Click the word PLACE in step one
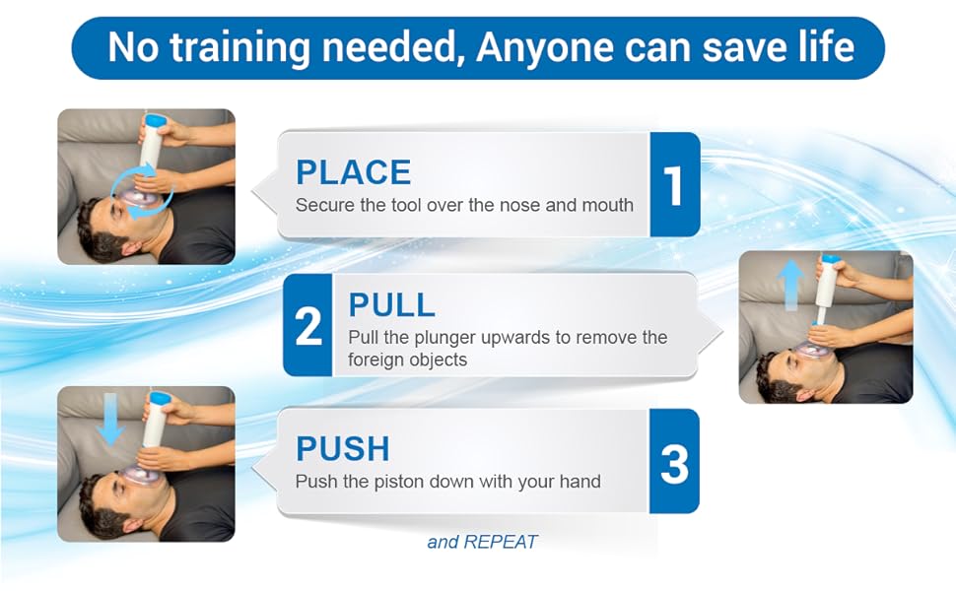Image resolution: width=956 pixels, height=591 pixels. tap(353, 172)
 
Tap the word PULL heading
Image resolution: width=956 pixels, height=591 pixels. tap(391, 304)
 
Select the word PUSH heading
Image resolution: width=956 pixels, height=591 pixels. tap(343, 449)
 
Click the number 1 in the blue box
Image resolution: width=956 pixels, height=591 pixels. tap(673, 185)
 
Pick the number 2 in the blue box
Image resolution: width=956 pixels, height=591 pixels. tap(308, 327)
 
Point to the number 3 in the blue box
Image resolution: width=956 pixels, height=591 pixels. tap(674, 465)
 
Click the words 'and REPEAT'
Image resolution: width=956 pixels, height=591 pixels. tap(482, 542)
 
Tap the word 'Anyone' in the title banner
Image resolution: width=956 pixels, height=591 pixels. tap(544, 47)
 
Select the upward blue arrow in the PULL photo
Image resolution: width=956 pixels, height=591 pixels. tap(790, 285)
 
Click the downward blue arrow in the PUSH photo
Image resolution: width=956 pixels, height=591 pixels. tap(111, 420)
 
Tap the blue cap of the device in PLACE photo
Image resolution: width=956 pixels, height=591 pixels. tap(154, 120)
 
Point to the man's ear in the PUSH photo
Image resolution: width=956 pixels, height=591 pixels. tap(129, 518)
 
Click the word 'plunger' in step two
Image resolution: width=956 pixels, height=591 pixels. tap(445, 338)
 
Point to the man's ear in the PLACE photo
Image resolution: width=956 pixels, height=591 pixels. tap(129, 245)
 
